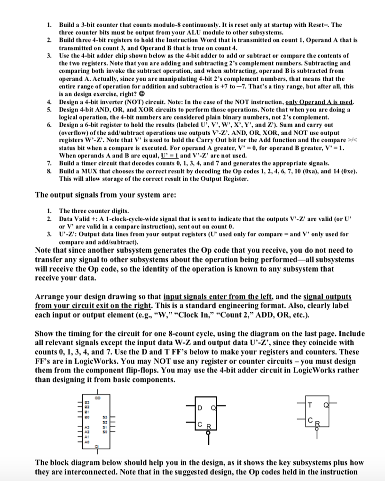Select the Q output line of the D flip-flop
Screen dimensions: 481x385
(x=221, y=406)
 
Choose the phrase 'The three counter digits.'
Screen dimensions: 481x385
(x=92, y=212)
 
